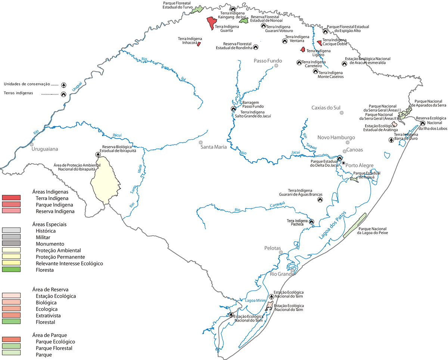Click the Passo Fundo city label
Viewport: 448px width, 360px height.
coord(268,61)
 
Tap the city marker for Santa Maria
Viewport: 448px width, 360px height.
coord(200,143)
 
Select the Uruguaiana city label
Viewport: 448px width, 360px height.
coord(45,149)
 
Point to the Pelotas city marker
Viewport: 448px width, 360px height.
coord(281,252)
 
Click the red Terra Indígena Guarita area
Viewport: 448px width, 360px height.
coord(211,24)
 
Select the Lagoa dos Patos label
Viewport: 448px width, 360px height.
coord(332,225)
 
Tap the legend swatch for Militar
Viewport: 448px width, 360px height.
coord(11,237)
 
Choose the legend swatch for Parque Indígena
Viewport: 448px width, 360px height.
coord(11,205)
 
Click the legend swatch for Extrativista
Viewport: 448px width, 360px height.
coord(11,316)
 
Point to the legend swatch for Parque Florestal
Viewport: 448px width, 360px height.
coord(11,348)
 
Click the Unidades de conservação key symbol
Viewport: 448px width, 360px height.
coord(64,85)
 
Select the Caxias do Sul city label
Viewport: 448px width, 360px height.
coord(326,108)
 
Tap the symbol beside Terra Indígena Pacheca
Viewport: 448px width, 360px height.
coord(312,221)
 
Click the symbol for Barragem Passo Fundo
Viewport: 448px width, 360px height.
coord(233,109)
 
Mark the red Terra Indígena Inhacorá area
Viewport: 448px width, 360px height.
coord(199,44)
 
